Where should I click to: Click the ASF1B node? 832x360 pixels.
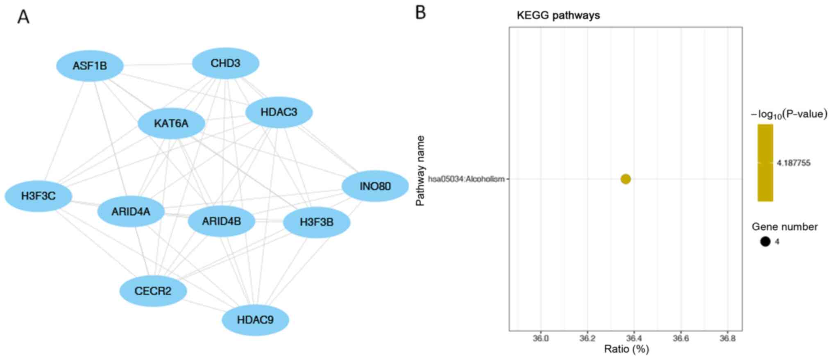tap(90, 66)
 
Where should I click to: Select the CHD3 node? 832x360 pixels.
tap(225, 63)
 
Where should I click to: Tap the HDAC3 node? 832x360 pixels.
tap(279, 112)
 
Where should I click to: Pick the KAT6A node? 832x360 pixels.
tap(171, 123)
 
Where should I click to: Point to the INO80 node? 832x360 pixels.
tap(375, 186)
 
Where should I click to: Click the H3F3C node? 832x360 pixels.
tap(39, 196)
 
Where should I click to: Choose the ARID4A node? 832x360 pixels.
tap(131, 212)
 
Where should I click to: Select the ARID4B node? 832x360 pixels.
tap(222, 222)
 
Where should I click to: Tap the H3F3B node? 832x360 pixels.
tap(317, 222)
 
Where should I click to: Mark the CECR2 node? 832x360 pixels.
tap(153, 291)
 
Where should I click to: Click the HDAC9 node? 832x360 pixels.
tap(255, 320)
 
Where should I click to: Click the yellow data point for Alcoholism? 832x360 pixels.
tap(626, 179)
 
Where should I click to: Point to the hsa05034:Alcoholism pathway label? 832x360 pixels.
tap(466, 179)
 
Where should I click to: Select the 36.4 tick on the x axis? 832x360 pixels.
tap(634, 338)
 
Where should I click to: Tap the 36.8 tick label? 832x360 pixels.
tap(727, 338)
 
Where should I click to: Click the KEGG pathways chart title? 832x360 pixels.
tap(558, 16)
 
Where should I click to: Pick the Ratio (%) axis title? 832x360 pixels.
tap(626, 349)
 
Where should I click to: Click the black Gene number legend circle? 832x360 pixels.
tap(765, 242)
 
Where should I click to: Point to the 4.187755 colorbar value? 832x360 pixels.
tap(793, 163)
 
